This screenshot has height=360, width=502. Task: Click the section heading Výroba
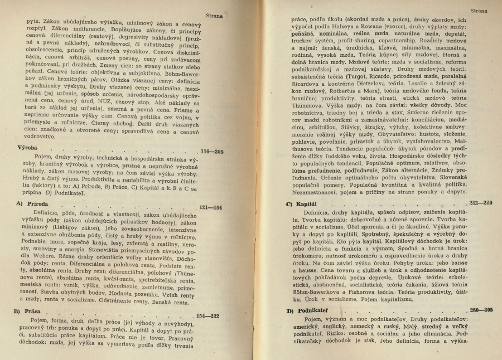coord(21,148)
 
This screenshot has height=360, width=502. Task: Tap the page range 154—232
coord(208,315)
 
